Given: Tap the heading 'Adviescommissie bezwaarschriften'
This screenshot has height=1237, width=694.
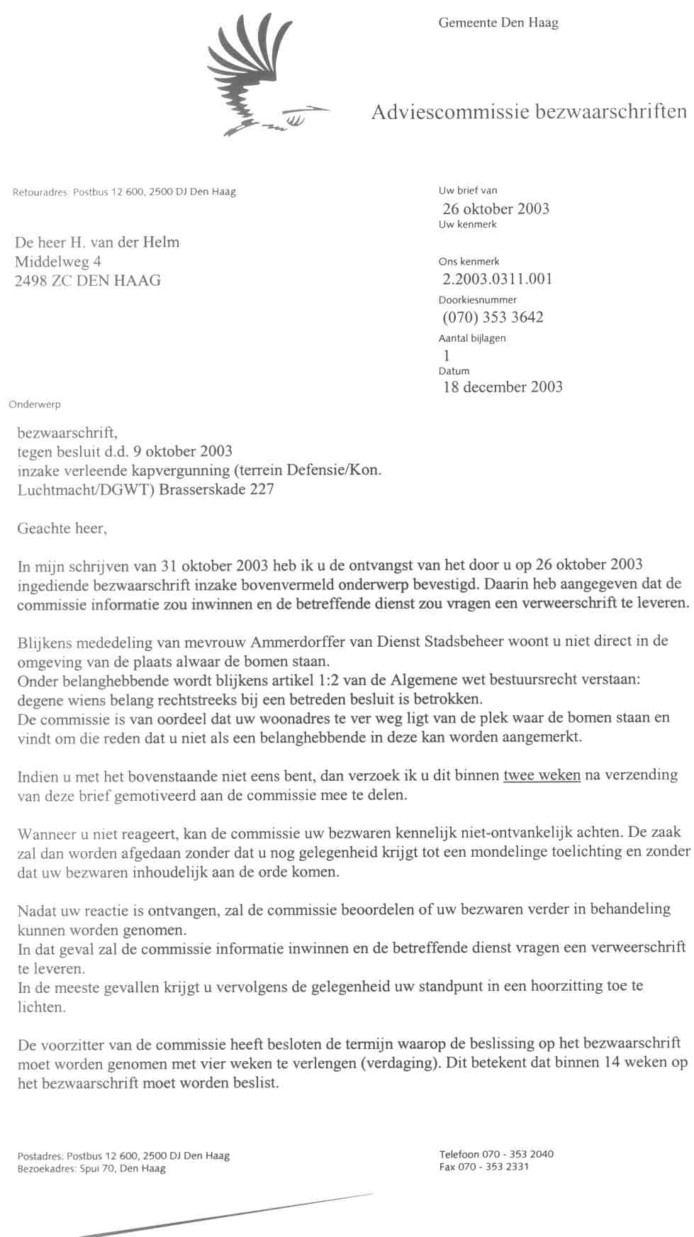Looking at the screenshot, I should click(529, 111).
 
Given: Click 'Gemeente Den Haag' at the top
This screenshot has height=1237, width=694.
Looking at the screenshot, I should click(498, 23).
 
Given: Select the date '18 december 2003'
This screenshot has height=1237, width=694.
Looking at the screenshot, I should click(503, 387).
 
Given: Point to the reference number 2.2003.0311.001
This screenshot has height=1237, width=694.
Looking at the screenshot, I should click(497, 279).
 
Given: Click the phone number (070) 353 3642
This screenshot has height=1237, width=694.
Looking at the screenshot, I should click(493, 317).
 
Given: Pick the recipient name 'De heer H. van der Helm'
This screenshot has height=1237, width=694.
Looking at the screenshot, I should click(97, 243).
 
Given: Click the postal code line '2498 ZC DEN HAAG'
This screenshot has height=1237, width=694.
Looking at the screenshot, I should click(88, 280).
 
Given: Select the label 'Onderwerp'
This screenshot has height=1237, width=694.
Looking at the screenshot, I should click(35, 404).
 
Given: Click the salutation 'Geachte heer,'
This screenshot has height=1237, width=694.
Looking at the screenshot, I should click(62, 528).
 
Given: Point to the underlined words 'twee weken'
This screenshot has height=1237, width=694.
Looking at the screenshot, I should click(542, 775).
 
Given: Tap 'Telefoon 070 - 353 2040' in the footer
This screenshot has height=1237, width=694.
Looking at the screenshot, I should click(496, 1153).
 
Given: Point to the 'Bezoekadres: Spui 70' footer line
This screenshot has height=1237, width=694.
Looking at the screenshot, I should click(91, 1169).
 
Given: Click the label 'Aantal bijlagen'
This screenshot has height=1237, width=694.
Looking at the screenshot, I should click(472, 338).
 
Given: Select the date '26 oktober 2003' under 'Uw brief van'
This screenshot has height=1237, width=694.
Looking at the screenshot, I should click(496, 209).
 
